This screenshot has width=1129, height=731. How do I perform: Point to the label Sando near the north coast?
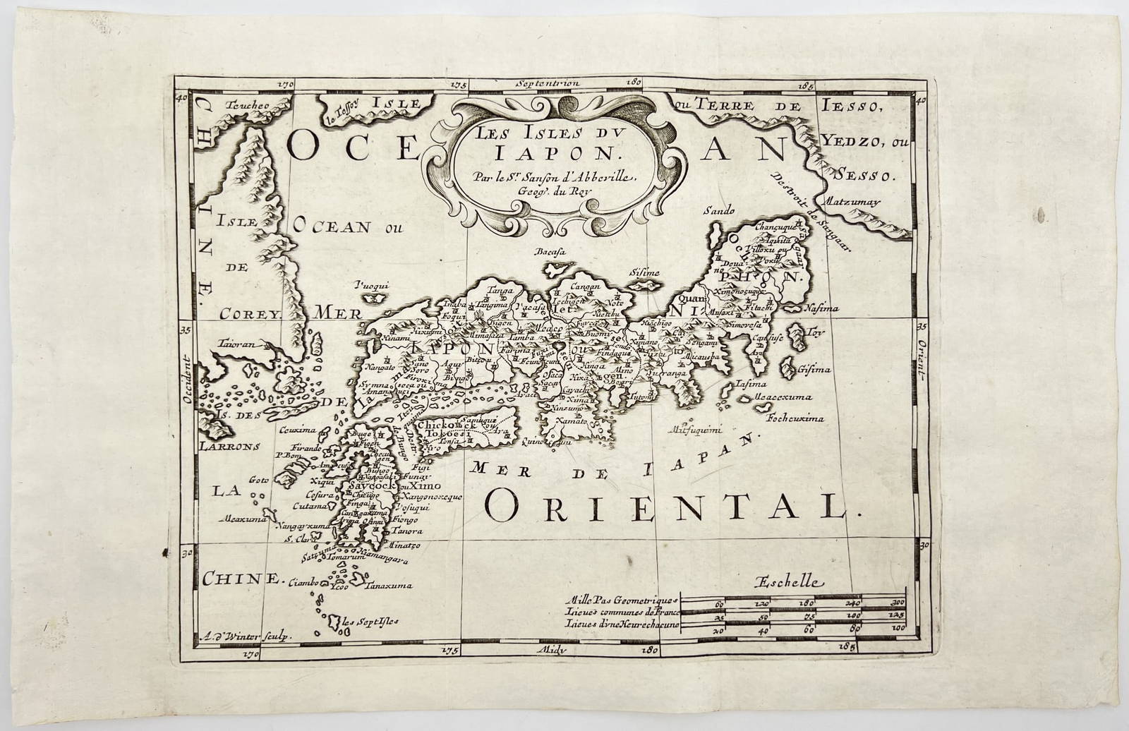719,210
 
